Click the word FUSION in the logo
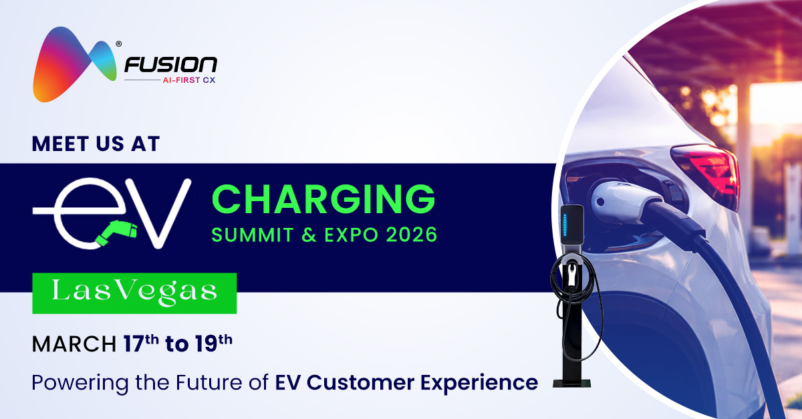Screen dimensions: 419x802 tap(170, 65)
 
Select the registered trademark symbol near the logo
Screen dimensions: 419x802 tap(118, 45)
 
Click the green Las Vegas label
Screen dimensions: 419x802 tap(134, 293)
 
